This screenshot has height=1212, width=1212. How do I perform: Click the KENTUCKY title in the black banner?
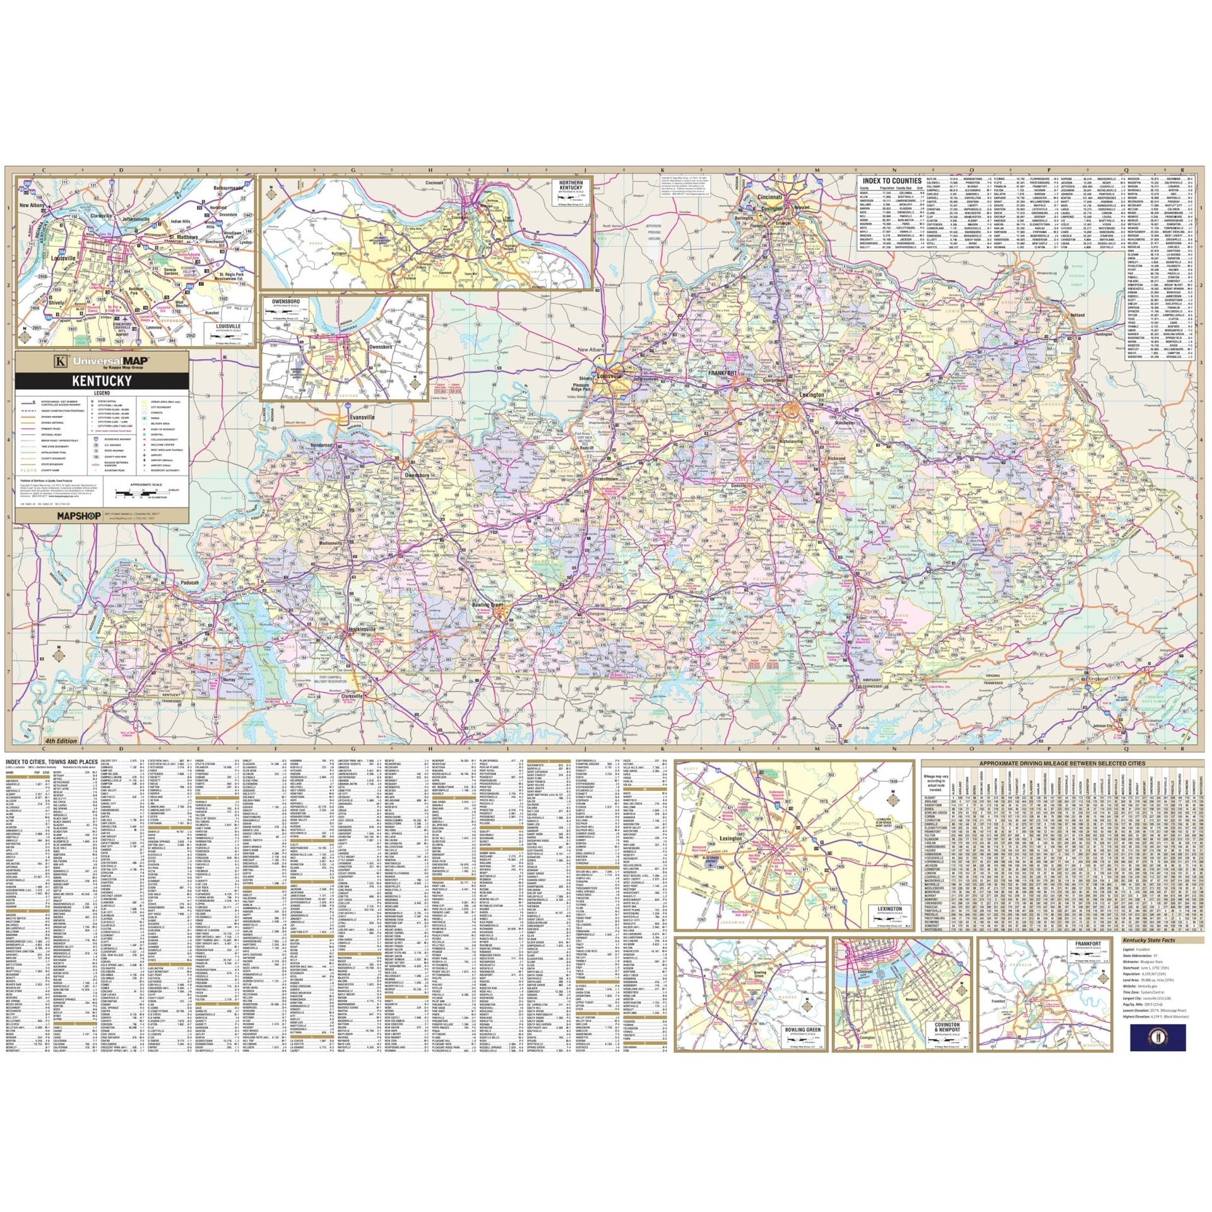click(101, 381)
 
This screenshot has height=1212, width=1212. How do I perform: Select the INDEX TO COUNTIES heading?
click(890, 181)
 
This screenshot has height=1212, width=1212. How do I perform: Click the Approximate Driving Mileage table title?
click(1060, 763)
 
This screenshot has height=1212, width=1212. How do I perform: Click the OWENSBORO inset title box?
click(282, 302)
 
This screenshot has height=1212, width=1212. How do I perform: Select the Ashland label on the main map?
click(1076, 314)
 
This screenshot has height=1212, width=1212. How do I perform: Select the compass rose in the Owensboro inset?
click(413, 383)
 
